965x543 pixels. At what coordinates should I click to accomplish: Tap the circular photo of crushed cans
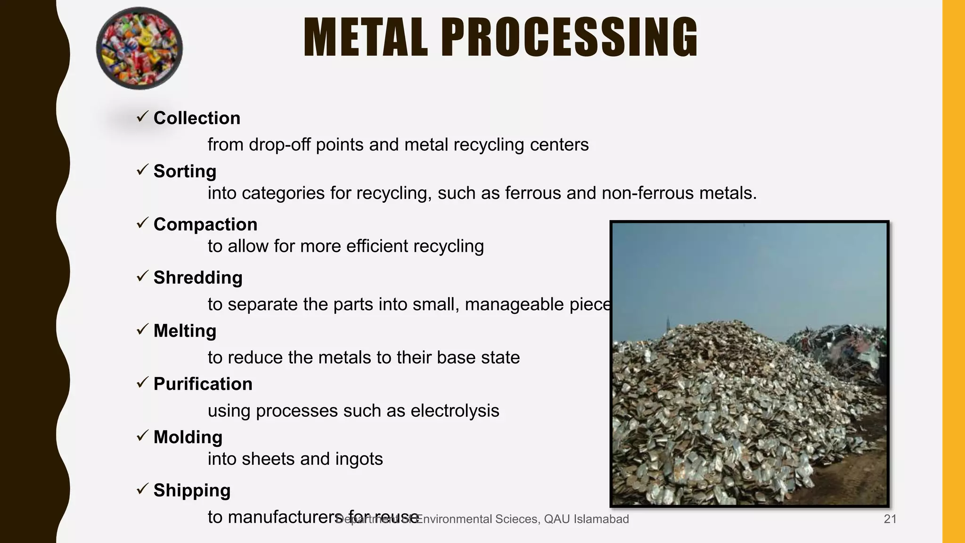(x=139, y=48)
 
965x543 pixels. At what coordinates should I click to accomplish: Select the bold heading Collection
(x=197, y=118)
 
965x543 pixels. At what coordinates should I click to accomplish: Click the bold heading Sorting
(x=185, y=171)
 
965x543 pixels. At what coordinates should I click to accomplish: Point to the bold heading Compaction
(x=205, y=224)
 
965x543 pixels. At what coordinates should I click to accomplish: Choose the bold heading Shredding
(x=198, y=278)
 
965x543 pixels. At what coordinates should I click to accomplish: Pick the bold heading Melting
(x=185, y=331)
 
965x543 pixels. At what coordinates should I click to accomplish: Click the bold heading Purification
(x=203, y=384)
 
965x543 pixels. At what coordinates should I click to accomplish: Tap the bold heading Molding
(x=188, y=437)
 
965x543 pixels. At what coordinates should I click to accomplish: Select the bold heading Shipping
(x=192, y=491)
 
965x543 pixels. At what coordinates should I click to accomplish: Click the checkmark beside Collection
(x=142, y=116)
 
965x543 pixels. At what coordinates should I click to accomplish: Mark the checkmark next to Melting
(x=142, y=329)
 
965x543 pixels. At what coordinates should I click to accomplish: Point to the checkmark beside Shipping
(x=142, y=489)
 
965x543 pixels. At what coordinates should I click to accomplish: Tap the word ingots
(x=359, y=459)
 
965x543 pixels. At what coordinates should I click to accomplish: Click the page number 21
(x=890, y=519)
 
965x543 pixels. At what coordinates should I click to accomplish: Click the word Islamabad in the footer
(x=601, y=519)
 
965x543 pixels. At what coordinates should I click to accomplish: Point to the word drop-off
(x=280, y=145)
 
